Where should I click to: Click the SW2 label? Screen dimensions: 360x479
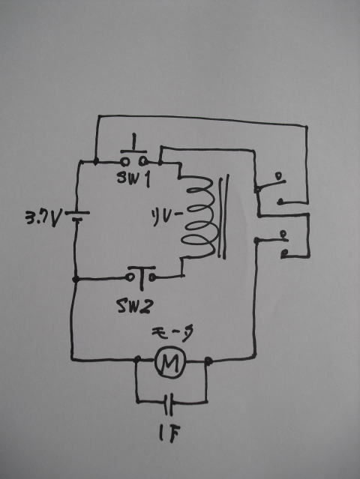pos(136,306)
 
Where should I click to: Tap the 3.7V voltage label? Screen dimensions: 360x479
pos(43,219)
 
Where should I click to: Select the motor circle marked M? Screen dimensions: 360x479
pos(170,362)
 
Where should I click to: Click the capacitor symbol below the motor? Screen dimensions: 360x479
pos(169,405)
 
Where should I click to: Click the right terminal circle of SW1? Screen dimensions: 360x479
pos(142,161)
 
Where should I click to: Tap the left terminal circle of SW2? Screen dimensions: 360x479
pos(130,277)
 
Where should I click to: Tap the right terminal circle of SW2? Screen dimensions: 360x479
pos(153,277)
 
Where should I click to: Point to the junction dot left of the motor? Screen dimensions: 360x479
pos(137,359)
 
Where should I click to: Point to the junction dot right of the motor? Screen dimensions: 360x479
pos(208,361)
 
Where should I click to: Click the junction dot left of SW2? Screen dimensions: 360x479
pos(76,279)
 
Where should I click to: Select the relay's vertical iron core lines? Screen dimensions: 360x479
pos(223,217)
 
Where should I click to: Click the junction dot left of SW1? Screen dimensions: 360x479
pos(96,161)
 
